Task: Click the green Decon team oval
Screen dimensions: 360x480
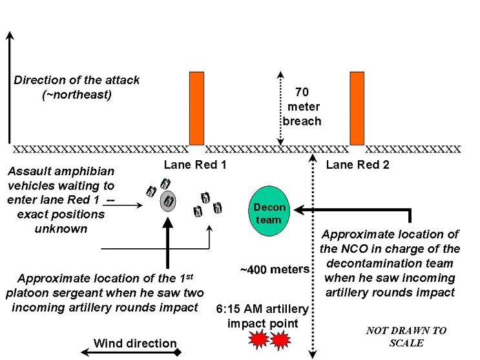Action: point(268,207)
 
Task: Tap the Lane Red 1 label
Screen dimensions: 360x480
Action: point(195,165)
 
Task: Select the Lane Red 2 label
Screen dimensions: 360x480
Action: point(357,165)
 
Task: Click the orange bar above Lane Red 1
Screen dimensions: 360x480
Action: point(196,108)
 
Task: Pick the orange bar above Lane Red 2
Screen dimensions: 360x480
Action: point(357,108)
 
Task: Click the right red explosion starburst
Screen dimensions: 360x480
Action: point(281,339)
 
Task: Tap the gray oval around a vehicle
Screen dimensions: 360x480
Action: point(168,201)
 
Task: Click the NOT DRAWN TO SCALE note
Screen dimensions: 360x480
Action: point(406,336)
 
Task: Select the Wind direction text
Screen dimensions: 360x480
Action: point(135,343)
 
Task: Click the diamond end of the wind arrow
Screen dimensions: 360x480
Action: point(177,352)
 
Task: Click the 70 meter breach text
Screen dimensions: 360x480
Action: point(302,106)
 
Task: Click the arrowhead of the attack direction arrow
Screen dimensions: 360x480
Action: point(9,36)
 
